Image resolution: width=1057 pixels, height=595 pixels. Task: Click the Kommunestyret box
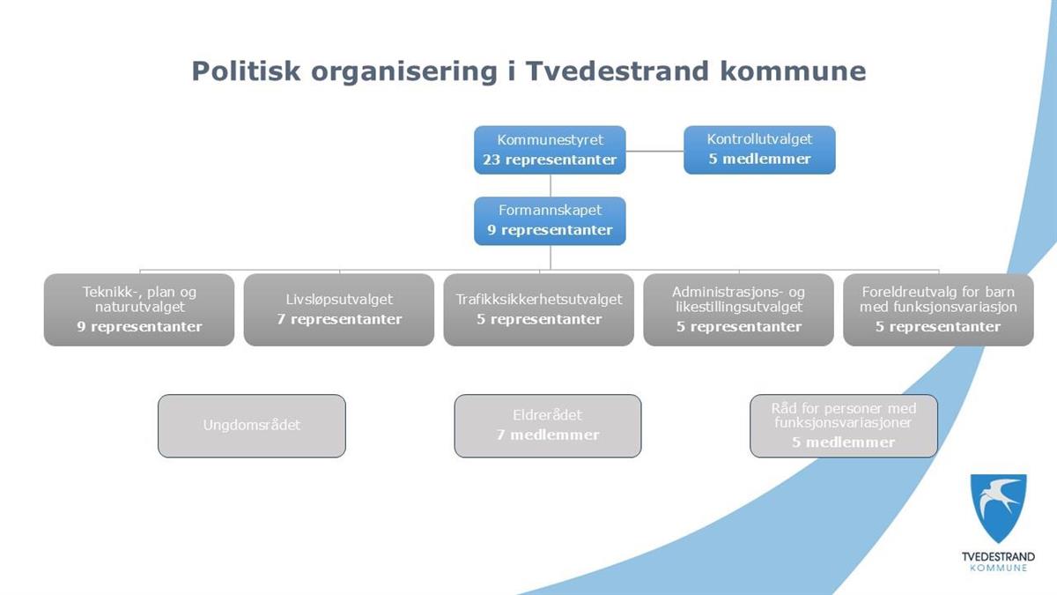pyautogui.click(x=550, y=150)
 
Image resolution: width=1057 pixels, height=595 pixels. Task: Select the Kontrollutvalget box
pyautogui.click(x=759, y=150)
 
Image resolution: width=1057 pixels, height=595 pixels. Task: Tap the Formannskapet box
pyautogui.click(x=550, y=221)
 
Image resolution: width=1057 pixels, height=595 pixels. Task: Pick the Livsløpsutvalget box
pyautogui.click(x=339, y=309)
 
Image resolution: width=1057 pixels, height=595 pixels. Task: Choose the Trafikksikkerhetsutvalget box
pyautogui.click(x=538, y=309)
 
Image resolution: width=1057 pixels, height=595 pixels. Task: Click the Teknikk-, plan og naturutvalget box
pyautogui.click(x=139, y=309)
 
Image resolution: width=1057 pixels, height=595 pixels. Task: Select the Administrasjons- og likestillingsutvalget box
pyautogui.click(x=738, y=309)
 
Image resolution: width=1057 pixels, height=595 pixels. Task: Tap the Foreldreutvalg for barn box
pyautogui.click(x=938, y=309)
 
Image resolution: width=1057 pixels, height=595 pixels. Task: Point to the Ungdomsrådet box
pyautogui.click(x=252, y=426)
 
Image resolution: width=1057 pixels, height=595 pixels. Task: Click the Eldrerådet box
pyautogui.click(x=548, y=426)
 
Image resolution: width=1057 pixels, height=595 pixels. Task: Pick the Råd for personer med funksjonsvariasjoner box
pyautogui.click(x=844, y=426)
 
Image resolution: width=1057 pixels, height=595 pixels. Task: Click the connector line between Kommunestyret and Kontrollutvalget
pyautogui.click(x=655, y=151)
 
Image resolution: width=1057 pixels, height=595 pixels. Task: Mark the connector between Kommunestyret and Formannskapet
pyautogui.click(x=551, y=186)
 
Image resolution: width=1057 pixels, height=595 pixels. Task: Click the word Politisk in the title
pyautogui.click(x=246, y=71)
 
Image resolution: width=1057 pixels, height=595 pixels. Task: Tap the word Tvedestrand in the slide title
pyautogui.click(x=617, y=71)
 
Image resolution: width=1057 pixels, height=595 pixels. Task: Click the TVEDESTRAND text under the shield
pyautogui.click(x=999, y=557)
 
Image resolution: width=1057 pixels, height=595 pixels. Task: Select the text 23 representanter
pyautogui.click(x=550, y=160)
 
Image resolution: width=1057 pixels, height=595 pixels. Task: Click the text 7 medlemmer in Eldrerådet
pyautogui.click(x=548, y=435)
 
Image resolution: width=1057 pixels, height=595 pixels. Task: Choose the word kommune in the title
pyautogui.click(x=794, y=71)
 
